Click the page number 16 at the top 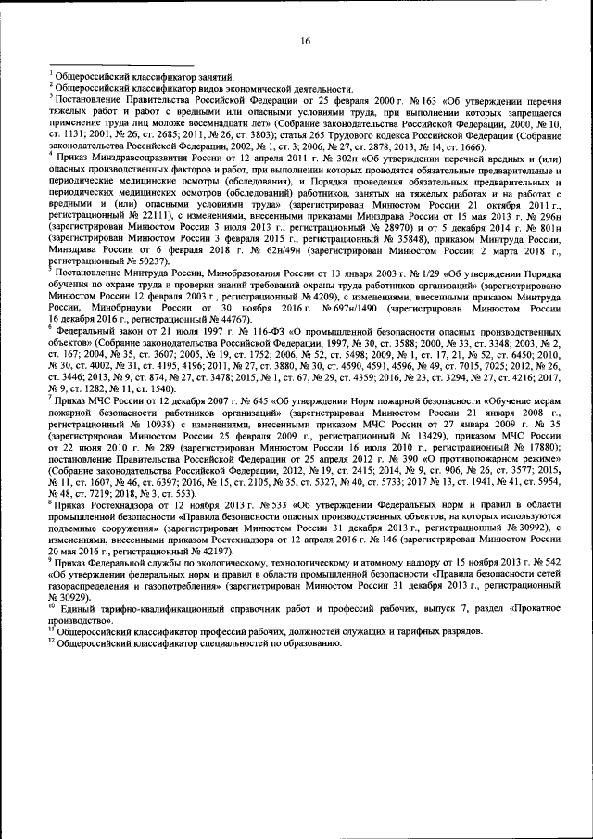(x=305, y=41)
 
